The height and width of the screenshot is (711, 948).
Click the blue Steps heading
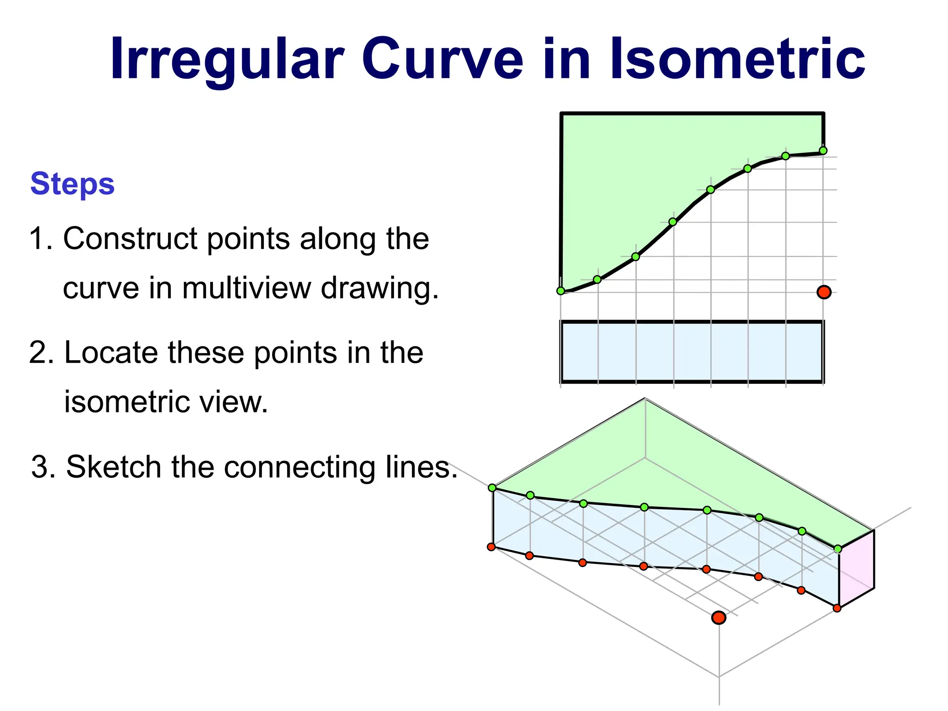[x=72, y=184]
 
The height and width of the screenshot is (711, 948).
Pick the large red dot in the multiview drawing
[x=824, y=292]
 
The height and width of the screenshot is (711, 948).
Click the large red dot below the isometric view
[x=718, y=617]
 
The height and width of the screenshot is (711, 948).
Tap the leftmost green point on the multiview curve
[x=561, y=291]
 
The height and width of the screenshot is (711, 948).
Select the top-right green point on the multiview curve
[x=823, y=150]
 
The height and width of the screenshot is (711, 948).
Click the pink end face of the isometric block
[x=856, y=569]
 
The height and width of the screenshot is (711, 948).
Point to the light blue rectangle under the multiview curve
[x=692, y=352]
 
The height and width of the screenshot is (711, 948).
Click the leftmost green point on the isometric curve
[x=492, y=487]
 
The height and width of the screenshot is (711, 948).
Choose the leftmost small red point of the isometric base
[x=491, y=547]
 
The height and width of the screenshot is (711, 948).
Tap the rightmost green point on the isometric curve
[x=837, y=549]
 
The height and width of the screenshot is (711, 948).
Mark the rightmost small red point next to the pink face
[x=837, y=608]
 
